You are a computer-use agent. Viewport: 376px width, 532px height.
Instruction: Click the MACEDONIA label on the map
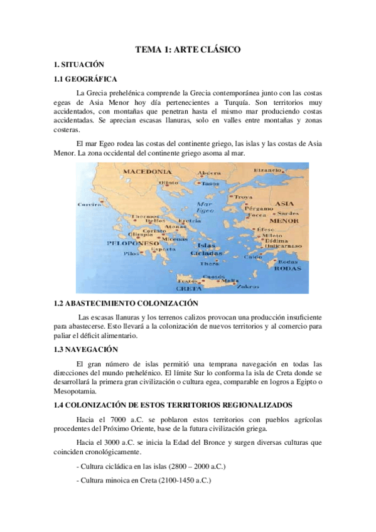pos(148,171)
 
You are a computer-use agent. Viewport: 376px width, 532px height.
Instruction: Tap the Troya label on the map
pos(243,197)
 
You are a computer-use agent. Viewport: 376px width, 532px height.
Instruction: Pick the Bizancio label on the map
pos(267,170)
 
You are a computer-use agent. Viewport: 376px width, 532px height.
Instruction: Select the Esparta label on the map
pos(148,248)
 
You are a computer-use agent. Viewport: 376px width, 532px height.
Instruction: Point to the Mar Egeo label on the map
pos(205,208)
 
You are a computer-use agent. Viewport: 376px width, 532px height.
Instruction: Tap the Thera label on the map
pos(208,264)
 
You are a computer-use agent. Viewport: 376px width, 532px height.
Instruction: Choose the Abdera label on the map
pos(208,173)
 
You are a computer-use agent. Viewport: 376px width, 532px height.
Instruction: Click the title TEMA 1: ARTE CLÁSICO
pos(188,49)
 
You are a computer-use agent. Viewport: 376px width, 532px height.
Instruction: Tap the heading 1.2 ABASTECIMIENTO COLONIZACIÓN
pos(122,302)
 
